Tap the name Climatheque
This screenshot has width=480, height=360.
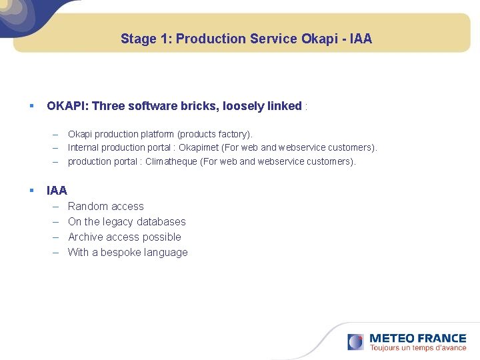click(x=170, y=161)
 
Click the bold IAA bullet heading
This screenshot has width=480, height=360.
click(x=57, y=191)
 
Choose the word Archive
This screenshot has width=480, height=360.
click(x=86, y=237)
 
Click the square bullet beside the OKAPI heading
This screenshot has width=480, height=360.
click(x=31, y=106)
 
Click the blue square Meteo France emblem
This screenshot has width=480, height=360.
click(x=355, y=342)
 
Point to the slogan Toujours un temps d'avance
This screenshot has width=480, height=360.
click(x=418, y=348)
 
